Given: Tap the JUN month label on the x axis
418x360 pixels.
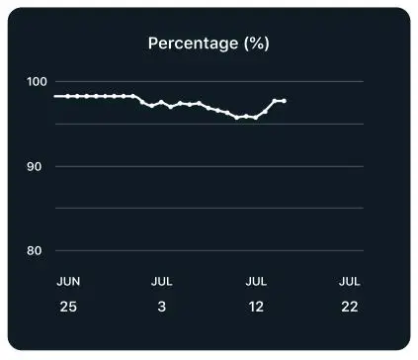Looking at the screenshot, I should click(67, 282).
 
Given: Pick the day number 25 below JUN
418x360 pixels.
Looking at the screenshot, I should click(67, 307).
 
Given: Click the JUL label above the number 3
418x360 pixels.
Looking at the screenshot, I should click(161, 282).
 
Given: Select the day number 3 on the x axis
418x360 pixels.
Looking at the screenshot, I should click(161, 307).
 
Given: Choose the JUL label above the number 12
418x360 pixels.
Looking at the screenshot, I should click(256, 282).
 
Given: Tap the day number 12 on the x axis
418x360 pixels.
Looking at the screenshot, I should click(256, 307).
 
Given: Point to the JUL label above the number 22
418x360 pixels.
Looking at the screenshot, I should click(349, 282).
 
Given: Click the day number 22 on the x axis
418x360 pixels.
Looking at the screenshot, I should click(349, 307).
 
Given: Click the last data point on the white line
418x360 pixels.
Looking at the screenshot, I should click(284, 101).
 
